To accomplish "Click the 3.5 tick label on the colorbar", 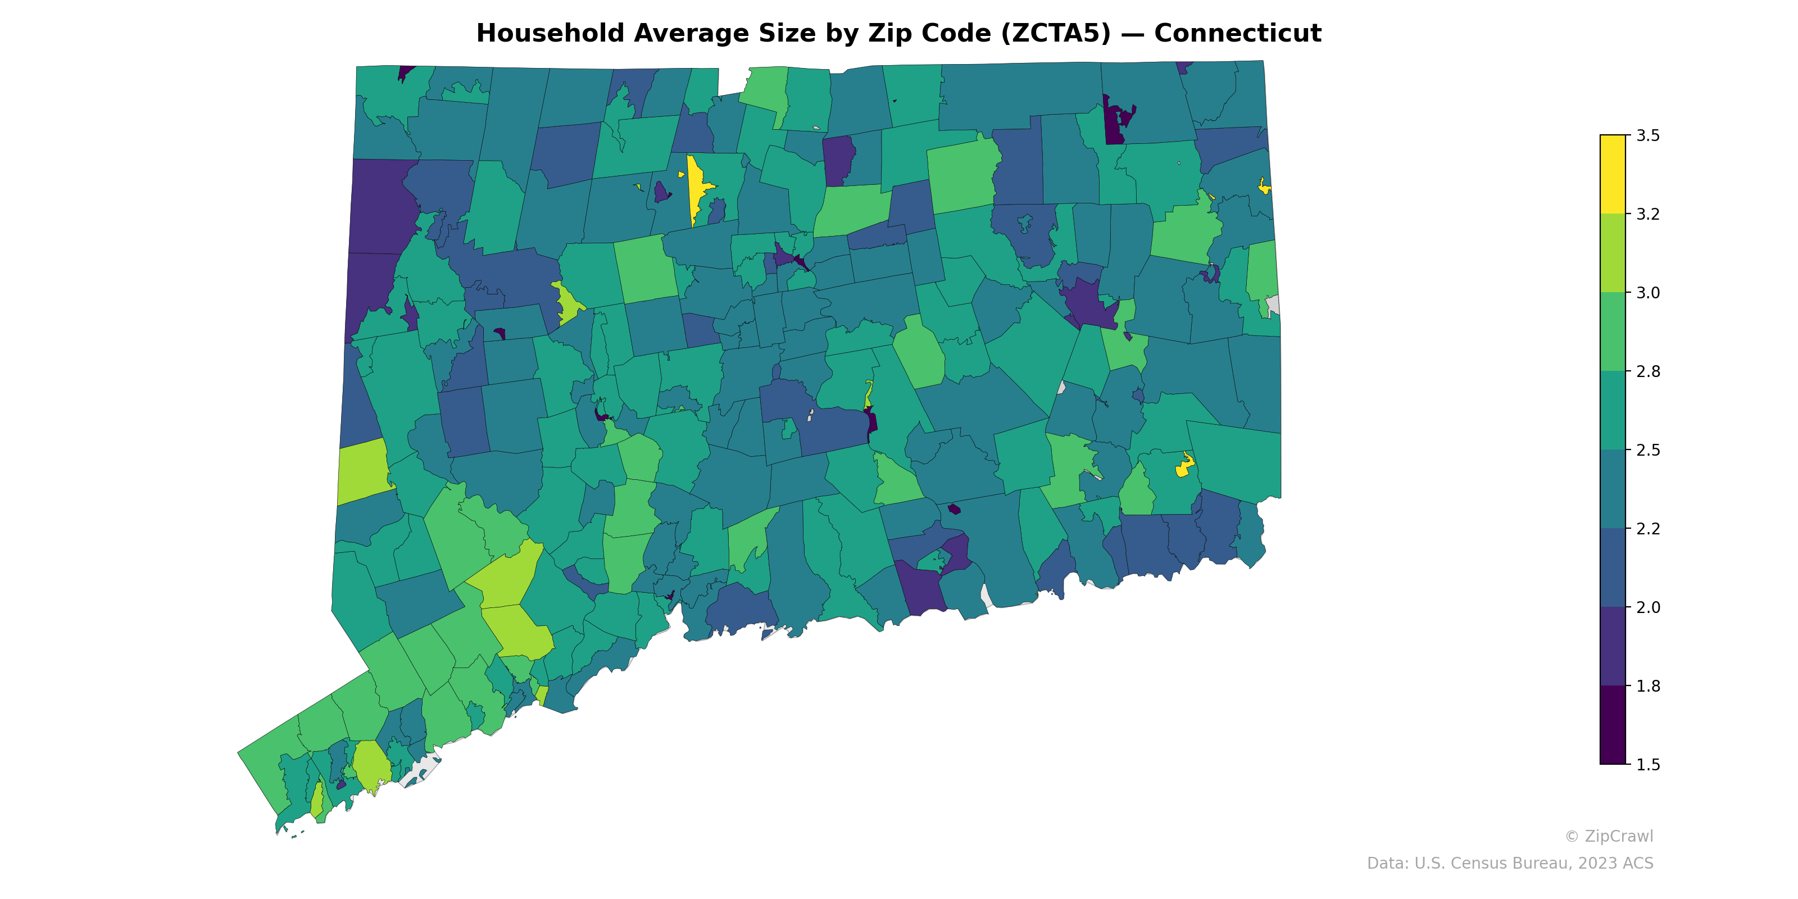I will coord(1648,135).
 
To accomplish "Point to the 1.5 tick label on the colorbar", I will coord(1648,765).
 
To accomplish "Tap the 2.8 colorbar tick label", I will coord(1648,371).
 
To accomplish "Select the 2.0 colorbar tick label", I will coord(1648,607).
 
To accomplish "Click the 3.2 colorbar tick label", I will coord(1648,214).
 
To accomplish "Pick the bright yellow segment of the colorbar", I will coord(1613,175).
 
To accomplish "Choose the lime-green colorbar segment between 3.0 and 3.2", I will coord(1613,253).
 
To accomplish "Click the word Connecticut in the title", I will coord(1237,34).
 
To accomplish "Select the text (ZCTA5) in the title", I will coord(1055,34).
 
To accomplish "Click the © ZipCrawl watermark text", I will coord(1608,836).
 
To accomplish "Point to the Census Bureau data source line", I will coord(1510,864).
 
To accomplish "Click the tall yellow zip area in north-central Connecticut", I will coord(695,185).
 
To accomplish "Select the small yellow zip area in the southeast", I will coord(1184,466).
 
